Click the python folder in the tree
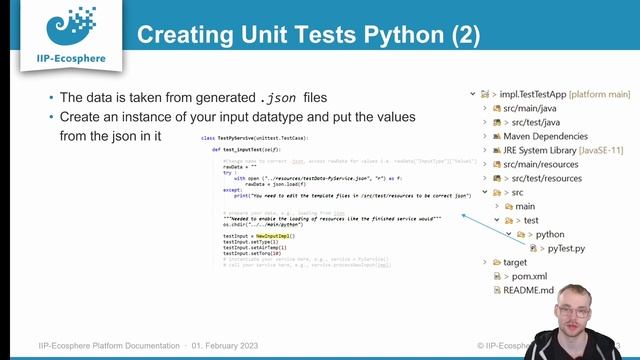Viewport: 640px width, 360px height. click(x=555, y=234)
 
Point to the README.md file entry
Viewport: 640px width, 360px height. click(x=528, y=290)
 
